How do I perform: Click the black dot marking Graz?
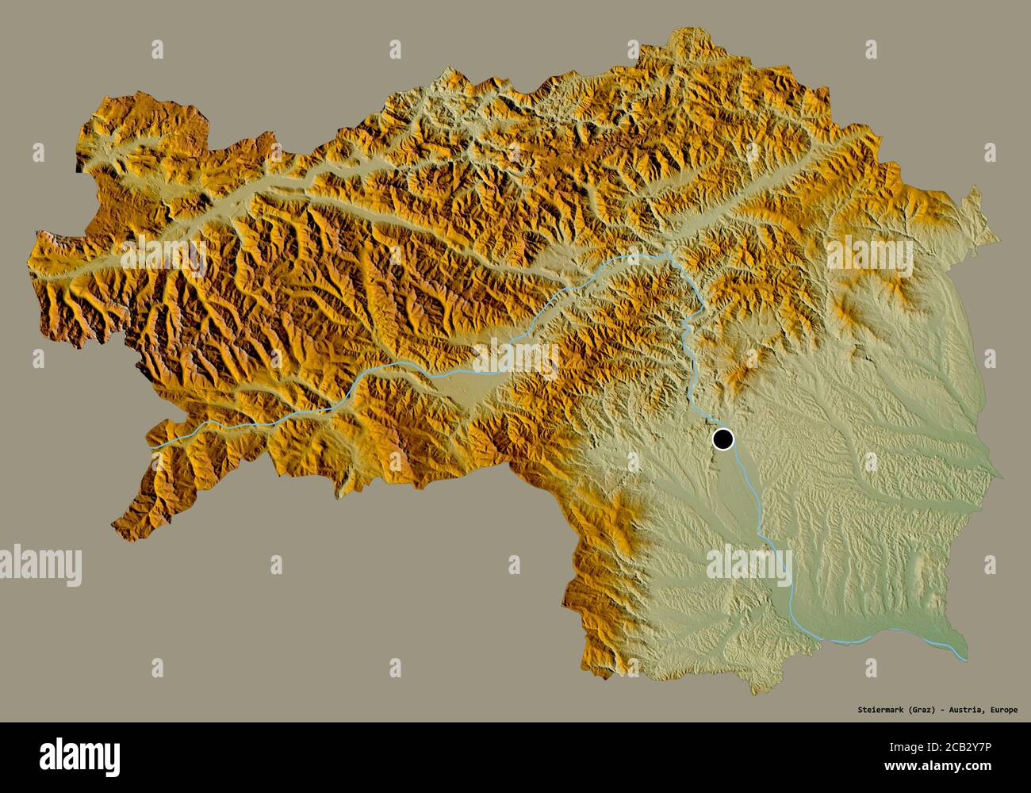(723, 439)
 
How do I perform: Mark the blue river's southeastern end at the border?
(965, 657)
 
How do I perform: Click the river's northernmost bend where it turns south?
(669, 255)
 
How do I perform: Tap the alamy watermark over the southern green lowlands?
(749, 564)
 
